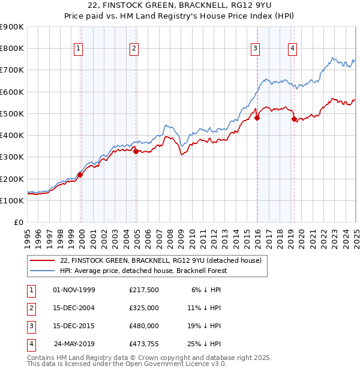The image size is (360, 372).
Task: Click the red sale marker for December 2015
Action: pos(257,118)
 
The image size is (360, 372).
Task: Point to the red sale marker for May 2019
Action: pos(294,119)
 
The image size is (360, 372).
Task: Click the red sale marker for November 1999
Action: pos(80,175)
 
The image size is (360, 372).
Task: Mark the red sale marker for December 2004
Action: pos(136,152)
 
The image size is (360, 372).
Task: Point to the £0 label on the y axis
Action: pos(19,223)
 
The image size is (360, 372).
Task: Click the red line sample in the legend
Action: pos(43,261)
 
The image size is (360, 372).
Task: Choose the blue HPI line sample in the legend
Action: pos(43,271)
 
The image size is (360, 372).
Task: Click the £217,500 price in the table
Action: pos(143,290)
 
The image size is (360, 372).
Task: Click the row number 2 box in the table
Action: pos(30,308)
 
